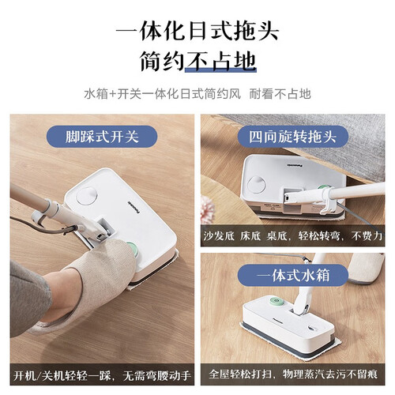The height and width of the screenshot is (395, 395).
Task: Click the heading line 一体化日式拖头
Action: point(197,31)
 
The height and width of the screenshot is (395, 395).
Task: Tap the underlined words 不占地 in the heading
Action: point(220,62)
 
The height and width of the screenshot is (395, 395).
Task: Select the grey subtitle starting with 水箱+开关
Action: point(197,94)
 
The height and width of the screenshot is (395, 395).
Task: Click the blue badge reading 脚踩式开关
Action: point(102,137)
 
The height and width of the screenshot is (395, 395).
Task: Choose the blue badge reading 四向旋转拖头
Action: point(293,137)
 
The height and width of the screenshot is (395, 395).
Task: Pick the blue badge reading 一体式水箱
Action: point(293,276)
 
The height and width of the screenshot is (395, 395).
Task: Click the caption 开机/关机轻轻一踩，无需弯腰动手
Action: point(102,375)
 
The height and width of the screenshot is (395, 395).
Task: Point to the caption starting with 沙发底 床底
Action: point(292,235)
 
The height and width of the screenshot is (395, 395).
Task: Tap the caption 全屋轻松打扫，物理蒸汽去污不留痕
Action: point(293,374)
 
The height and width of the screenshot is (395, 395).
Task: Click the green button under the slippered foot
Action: point(133,249)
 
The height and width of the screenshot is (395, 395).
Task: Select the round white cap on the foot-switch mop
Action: point(87,196)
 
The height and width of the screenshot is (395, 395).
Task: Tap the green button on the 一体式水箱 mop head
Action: point(276,301)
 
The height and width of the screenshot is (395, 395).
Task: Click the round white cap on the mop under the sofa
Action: point(257,184)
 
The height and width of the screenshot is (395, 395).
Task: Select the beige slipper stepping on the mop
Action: point(87,284)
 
